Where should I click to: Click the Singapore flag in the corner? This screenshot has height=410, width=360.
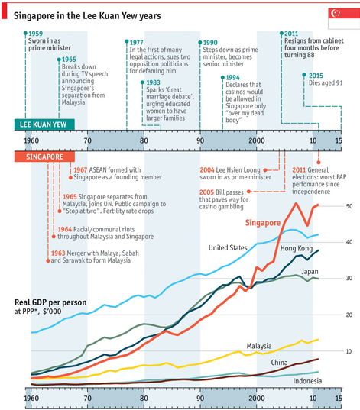[344, 18]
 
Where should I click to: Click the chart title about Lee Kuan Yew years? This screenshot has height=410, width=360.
[87, 16]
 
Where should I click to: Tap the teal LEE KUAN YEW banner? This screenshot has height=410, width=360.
[44, 124]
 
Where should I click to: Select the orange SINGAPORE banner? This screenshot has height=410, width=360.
[44, 157]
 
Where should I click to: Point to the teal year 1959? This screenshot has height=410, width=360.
[36, 34]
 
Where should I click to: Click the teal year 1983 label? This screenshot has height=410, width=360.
[153, 82]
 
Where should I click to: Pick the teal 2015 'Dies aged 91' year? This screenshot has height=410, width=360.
[316, 76]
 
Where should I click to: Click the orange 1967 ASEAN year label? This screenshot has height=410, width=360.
[80, 170]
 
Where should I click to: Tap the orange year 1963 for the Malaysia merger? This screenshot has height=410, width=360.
[58, 253]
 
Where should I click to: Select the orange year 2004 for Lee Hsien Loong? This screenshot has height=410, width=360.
[207, 170]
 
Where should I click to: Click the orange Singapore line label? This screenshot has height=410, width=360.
[263, 223]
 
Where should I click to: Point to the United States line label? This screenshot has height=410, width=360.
[228, 247]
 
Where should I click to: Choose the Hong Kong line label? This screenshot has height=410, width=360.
[297, 248]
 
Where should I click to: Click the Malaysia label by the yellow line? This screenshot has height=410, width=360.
[259, 346]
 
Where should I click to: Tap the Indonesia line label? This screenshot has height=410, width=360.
[307, 381]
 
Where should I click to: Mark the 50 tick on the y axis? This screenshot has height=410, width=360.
[349, 206]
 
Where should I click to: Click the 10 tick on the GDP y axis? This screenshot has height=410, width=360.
[349, 351]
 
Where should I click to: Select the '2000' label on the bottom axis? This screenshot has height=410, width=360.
[257, 399]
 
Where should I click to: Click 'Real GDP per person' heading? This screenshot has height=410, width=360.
[50, 302]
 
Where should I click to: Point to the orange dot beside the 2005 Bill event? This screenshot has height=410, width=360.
[248, 192]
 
